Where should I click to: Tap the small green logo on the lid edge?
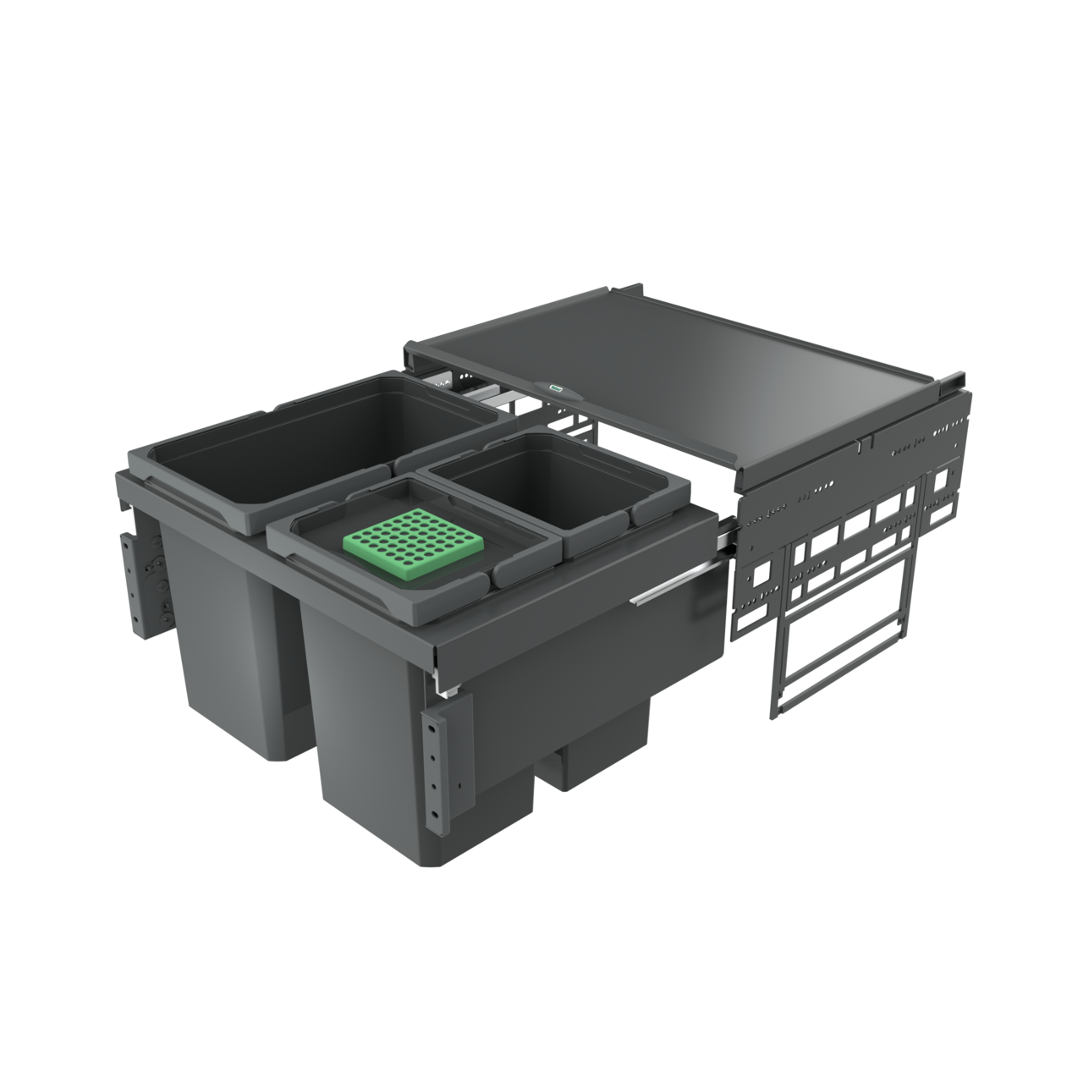[555, 388]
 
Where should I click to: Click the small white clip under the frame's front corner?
[446, 692]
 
